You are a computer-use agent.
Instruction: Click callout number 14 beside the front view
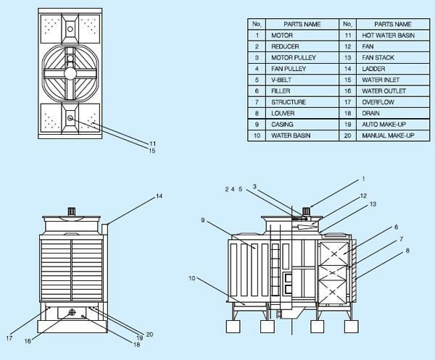159,196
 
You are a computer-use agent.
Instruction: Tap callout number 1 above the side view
364,178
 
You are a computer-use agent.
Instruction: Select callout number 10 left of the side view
194,277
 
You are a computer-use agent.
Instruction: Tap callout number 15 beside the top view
152,151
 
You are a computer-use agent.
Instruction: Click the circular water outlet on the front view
72,313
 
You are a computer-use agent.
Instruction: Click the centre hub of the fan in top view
70,72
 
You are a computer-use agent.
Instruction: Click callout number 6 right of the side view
396,227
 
